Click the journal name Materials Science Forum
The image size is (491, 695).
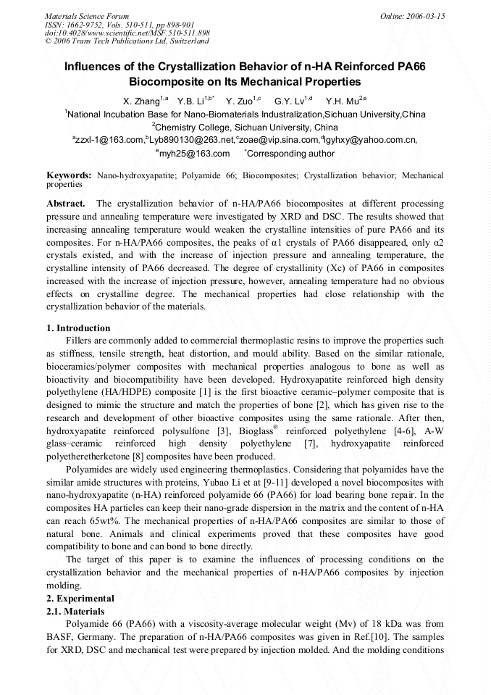point(87,16)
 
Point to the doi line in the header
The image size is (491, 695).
point(127,33)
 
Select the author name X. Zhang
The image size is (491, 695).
point(142,101)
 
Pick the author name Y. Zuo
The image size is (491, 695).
point(240,101)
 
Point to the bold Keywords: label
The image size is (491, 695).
point(69,175)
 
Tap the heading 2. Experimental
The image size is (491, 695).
point(80,599)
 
